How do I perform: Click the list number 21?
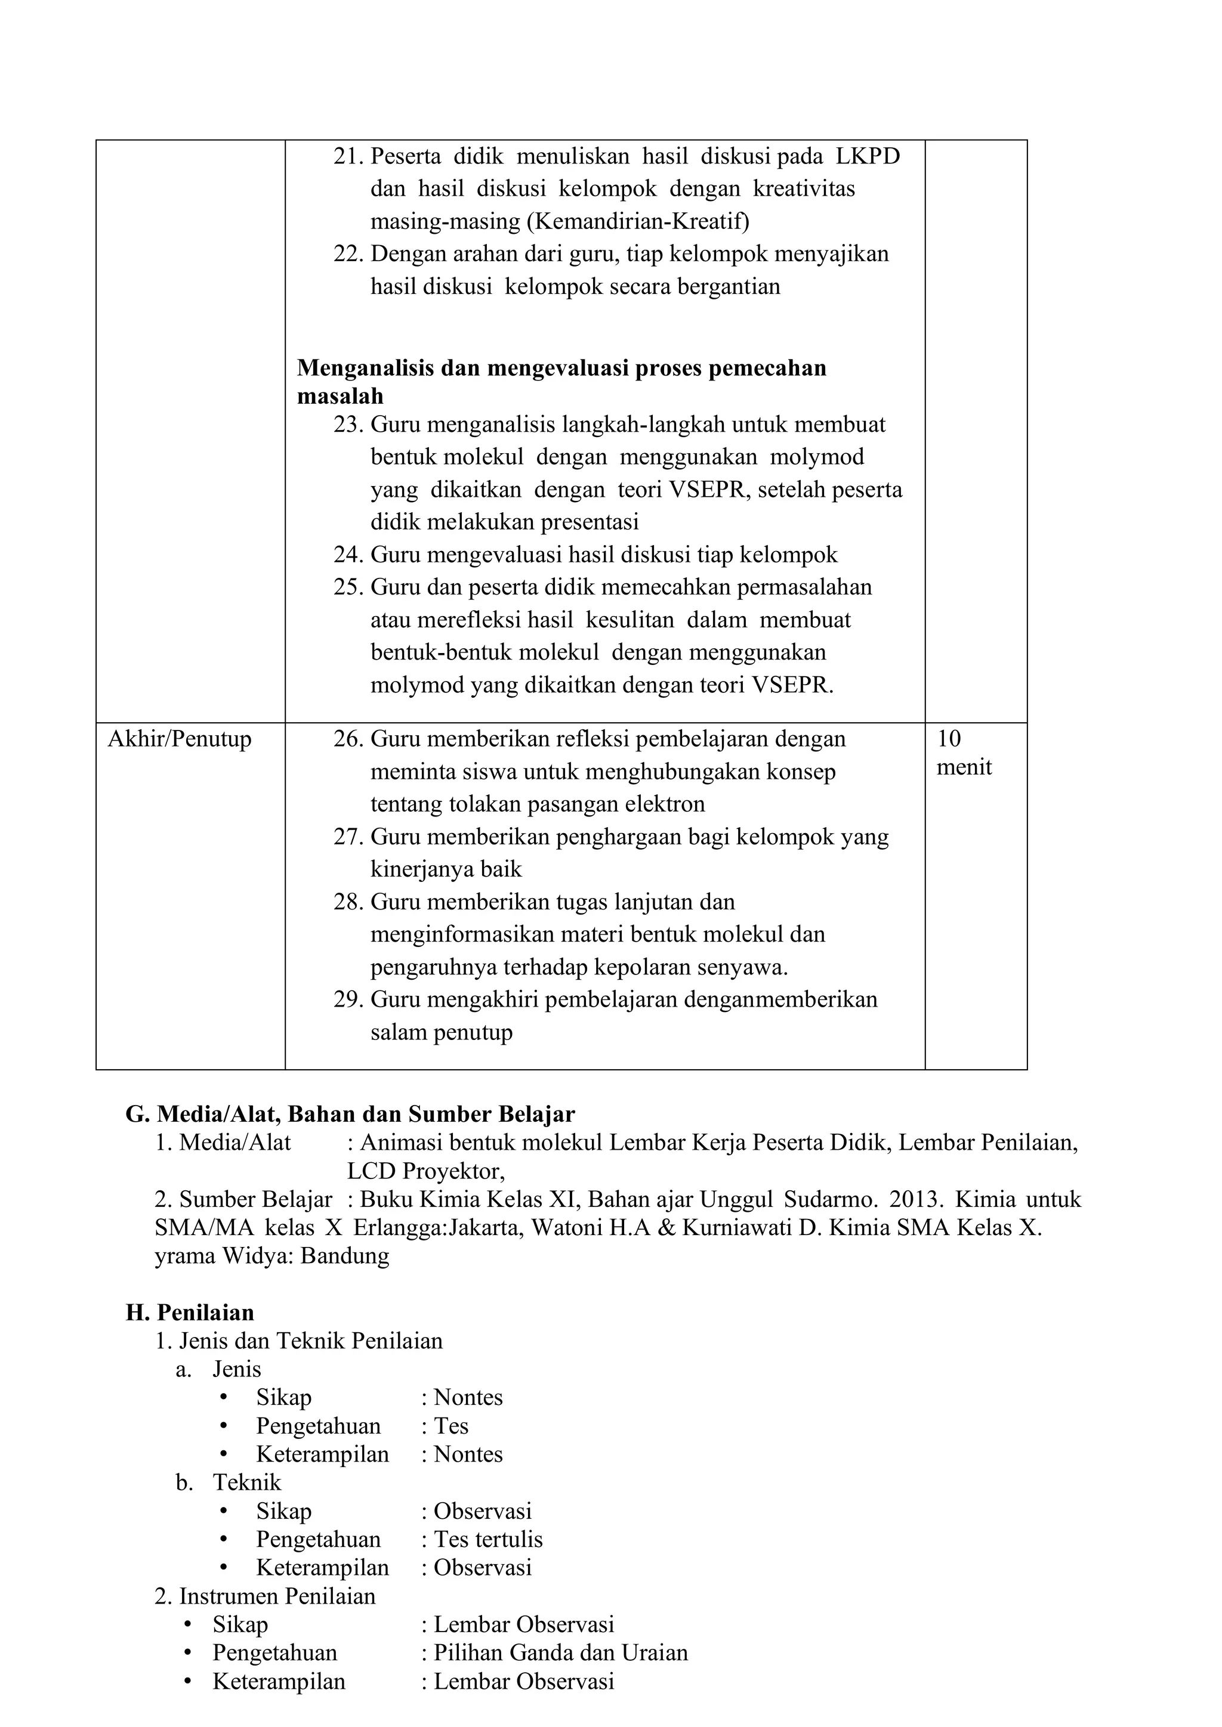tap(348, 156)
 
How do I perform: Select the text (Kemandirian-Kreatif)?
tap(637, 221)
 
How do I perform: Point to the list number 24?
tap(348, 555)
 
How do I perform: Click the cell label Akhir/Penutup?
tap(180, 739)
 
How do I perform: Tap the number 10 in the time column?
tap(949, 739)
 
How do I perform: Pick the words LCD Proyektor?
tap(425, 1171)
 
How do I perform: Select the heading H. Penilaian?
tap(190, 1313)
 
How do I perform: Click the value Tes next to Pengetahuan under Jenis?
tap(450, 1426)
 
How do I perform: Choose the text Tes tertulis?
tap(487, 1540)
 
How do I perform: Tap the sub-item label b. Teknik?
tap(229, 1483)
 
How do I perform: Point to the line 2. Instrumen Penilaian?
tap(265, 1596)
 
